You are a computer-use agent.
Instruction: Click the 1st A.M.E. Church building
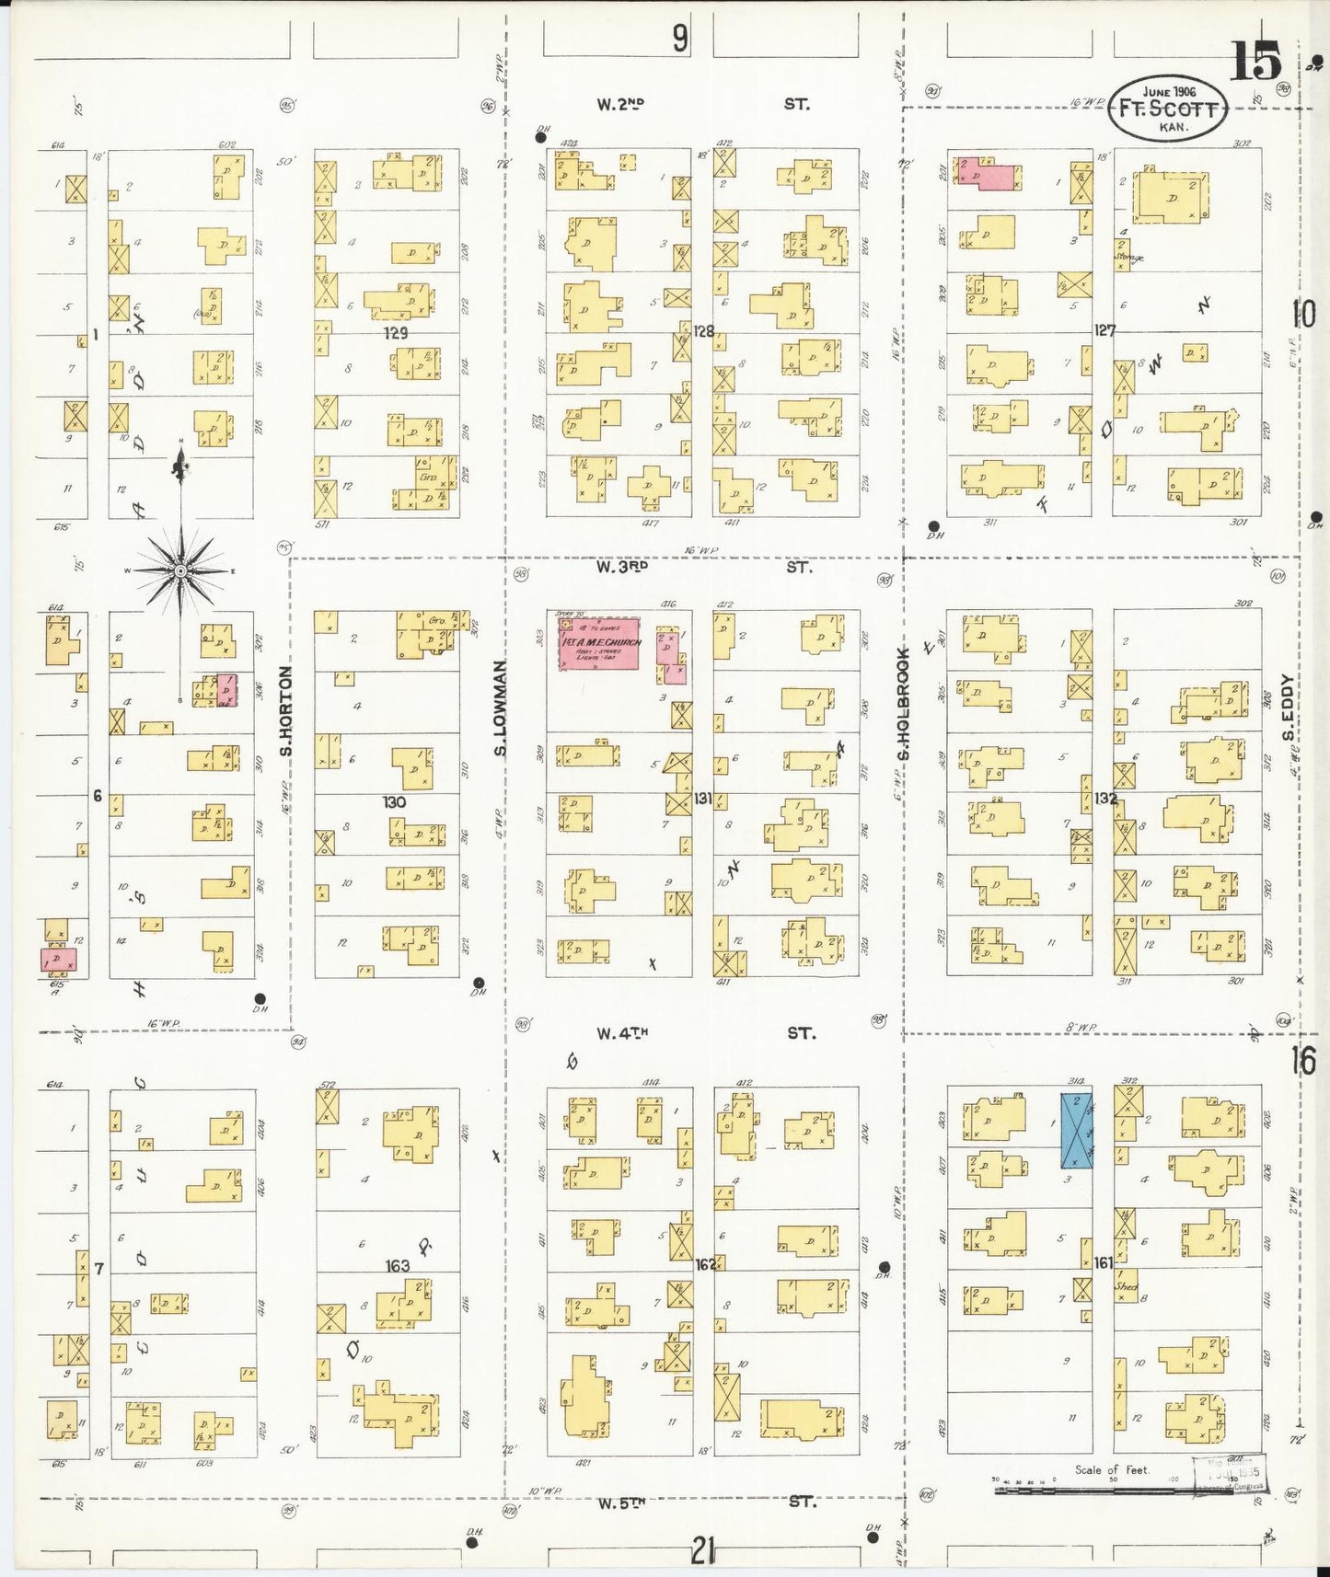pos(599,643)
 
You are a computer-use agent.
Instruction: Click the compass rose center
pos(181,571)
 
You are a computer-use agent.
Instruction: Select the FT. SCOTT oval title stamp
pos(1168,109)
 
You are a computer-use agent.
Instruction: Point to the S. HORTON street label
pos(286,711)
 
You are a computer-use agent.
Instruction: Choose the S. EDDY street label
pos(1288,708)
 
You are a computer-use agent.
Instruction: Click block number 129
pos(396,333)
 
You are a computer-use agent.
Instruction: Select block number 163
pos(398,1266)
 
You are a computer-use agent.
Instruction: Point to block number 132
pos(1104,799)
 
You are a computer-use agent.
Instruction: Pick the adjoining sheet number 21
pos(702,1553)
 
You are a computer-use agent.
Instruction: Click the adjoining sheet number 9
pos(679,39)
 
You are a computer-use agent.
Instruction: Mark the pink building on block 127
pos(988,173)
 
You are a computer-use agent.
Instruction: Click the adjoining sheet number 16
pos(1302,1060)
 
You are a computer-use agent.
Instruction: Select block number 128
pos(704,331)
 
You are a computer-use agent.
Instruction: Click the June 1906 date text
pos(1168,92)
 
